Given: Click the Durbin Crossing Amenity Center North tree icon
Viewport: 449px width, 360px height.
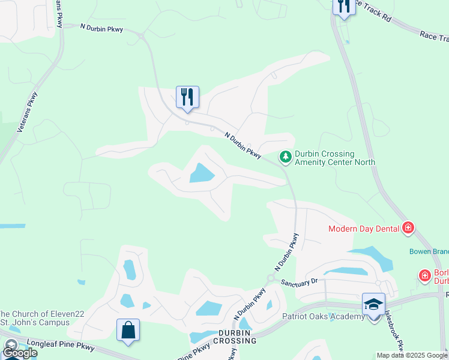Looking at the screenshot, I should (x=286, y=157).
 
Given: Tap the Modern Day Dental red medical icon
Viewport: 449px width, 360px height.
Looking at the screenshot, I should (x=408, y=228).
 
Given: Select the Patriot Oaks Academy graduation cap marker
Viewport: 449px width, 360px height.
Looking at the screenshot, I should (x=373, y=304).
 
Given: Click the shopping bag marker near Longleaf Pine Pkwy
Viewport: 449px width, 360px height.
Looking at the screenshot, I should (x=128, y=330).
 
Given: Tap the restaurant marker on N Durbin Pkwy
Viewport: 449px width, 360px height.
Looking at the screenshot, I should (x=187, y=97).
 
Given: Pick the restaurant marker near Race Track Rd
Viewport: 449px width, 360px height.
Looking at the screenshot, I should (x=343, y=7).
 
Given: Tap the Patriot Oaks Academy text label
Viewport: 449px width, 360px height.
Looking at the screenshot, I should (x=323, y=316).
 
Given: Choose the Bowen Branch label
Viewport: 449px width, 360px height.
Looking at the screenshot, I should (x=429, y=252).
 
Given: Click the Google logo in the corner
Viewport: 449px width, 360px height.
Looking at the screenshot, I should (x=20, y=353).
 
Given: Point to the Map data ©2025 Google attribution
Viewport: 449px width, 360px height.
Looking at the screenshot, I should (x=412, y=355).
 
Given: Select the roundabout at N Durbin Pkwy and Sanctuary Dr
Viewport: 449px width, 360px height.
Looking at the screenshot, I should (x=271, y=278).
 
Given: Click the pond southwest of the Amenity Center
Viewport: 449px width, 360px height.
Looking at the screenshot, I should (x=202, y=174).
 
